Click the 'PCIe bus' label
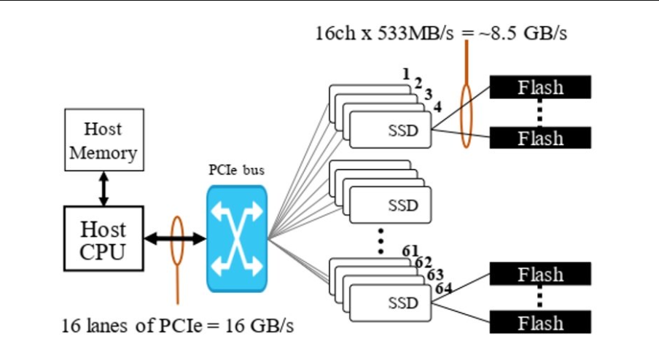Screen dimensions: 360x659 236,171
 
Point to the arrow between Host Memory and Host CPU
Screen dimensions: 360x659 103,189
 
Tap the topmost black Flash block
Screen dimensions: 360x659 540,87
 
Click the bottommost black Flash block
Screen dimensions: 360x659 540,323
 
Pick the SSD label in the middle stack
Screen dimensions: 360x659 403,206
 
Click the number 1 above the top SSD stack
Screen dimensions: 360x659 406,74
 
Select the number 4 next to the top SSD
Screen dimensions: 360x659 437,107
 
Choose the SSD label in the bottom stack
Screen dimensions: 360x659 403,302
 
